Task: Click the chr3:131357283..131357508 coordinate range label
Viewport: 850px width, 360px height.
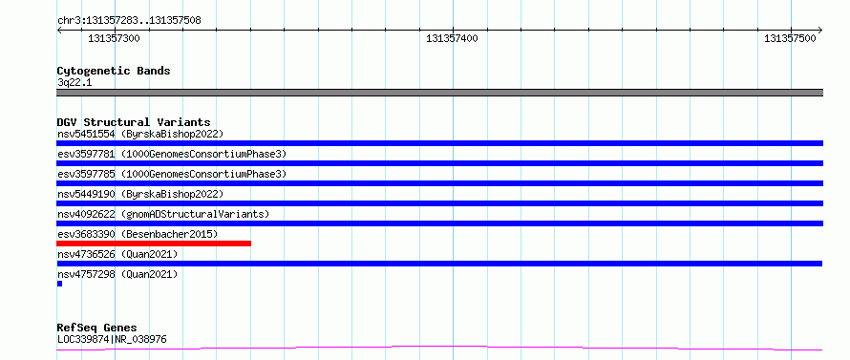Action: tap(129, 21)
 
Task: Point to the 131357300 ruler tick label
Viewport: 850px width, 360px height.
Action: tap(114, 38)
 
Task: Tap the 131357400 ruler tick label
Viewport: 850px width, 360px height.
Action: tap(452, 38)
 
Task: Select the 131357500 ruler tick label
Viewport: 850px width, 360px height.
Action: tap(790, 38)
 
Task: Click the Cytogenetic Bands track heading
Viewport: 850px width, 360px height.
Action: tap(114, 71)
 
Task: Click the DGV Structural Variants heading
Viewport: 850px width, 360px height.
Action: tap(134, 122)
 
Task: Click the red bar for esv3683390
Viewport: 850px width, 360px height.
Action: tap(154, 244)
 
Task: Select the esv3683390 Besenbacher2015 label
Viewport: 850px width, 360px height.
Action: tap(138, 234)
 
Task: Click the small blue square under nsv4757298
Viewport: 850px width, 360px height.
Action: tap(59, 284)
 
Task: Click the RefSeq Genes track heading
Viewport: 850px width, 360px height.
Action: tap(97, 328)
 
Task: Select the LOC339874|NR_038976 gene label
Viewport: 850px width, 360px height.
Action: tap(112, 340)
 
